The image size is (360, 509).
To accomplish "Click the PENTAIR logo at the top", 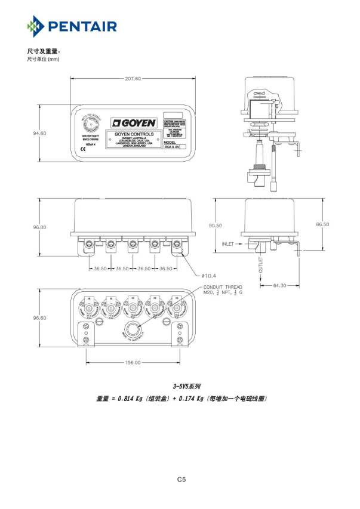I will (x=72, y=27).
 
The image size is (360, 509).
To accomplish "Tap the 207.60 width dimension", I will (x=133, y=79).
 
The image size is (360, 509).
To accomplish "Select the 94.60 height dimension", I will (x=40, y=133).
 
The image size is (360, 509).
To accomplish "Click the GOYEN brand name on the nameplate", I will (x=136, y=122).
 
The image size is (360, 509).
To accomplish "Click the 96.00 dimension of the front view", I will (x=39, y=227).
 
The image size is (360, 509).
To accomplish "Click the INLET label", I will (x=228, y=245).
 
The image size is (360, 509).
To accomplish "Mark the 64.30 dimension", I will (x=279, y=285).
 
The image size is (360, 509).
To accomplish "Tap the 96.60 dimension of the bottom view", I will (x=39, y=318).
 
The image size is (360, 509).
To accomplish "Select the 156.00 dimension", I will (x=133, y=362).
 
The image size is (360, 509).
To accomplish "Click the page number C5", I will (x=182, y=479).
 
